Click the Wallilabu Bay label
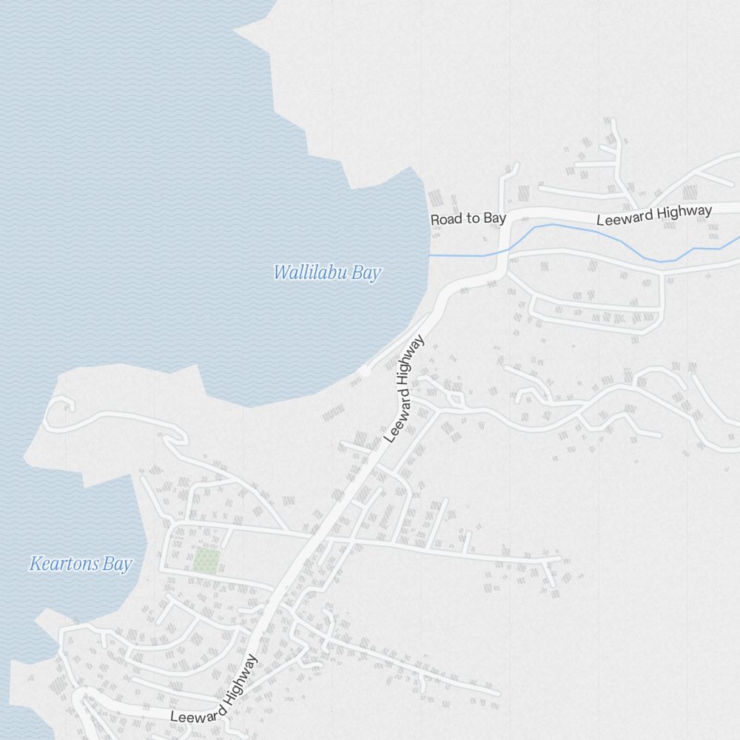point(327,273)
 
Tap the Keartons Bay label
point(80,565)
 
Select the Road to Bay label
point(468,218)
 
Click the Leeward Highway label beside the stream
point(654,215)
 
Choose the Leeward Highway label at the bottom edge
point(215,690)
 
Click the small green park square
point(206,561)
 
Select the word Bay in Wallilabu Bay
point(366,273)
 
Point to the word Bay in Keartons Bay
point(118,565)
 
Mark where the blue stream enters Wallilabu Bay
point(431,255)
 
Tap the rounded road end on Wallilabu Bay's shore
point(364,371)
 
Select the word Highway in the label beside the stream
point(684,213)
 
